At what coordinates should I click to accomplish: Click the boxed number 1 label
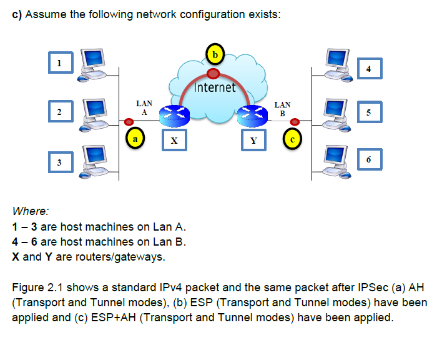[x=60, y=62]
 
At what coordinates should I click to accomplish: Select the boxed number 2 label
[x=60, y=112]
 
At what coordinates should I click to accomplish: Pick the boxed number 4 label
[x=370, y=69]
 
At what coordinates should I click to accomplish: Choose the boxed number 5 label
[x=370, y=112]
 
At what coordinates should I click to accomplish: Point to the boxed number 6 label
[x=370, y=159]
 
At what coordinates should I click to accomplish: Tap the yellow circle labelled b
[x=214, y=54]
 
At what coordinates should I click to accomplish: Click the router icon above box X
[x=174, y=114]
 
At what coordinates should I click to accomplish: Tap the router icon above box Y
[x=252, y=114]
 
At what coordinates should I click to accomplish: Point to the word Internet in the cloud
[x=215, y=87]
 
